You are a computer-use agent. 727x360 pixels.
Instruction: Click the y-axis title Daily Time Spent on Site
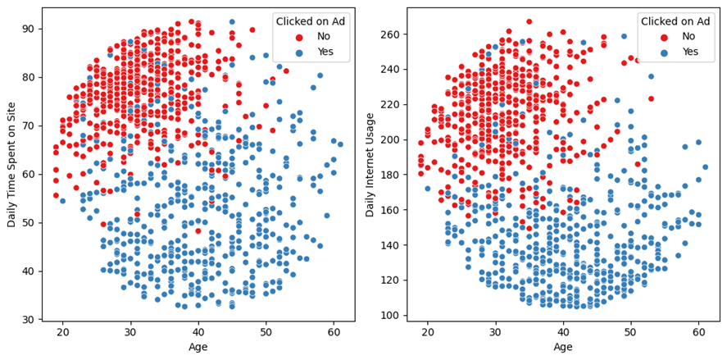tap(11, 164)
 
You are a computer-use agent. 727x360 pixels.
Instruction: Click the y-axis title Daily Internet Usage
tap(370, 164)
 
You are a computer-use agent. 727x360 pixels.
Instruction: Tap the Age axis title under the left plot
tap(198, 347)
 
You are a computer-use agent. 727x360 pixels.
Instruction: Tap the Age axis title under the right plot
tap(562, 347)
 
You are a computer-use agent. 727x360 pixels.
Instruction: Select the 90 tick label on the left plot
tap(30, 29)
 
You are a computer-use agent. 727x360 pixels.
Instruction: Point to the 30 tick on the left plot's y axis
tap(30, 319)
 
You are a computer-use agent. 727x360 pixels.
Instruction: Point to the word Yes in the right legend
tap(691, 51)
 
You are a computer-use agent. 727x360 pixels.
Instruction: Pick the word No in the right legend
tap(689, 37)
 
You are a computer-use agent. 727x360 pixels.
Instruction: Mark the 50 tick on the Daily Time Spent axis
tap(30, 222)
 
